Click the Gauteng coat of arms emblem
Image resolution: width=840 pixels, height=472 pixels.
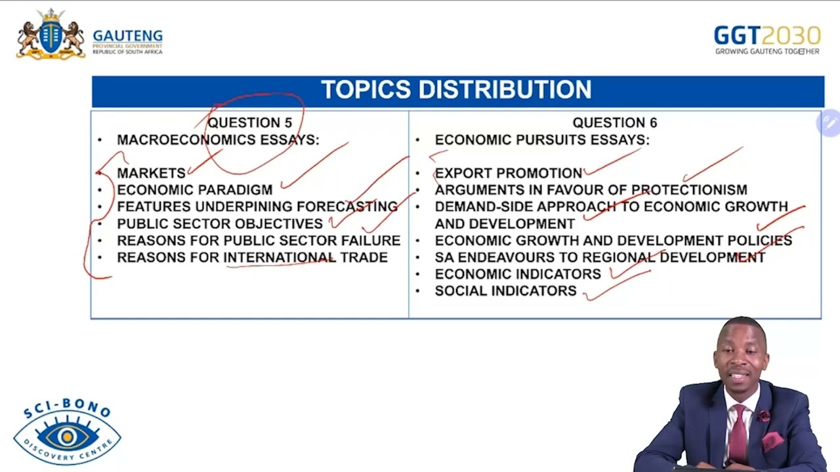tap(51, 35)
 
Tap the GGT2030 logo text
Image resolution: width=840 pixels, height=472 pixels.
tap(766, 35)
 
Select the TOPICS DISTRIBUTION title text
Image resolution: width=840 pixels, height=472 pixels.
tap(456, 90)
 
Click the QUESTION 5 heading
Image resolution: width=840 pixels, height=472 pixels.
tap(249, 123)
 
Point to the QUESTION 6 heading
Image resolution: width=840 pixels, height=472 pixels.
tap(614, 123)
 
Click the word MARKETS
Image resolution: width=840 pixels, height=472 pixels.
tap(151, 173)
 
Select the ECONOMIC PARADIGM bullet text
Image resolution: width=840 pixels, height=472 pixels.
tap(194, 190)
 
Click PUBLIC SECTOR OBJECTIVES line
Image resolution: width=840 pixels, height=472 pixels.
tap(220, 224)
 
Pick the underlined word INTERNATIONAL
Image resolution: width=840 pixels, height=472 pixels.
tap(280, 258)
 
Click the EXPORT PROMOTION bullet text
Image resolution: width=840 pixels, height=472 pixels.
tap(508, 173)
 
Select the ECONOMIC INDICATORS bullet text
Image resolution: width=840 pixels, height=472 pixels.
tap(517, 274)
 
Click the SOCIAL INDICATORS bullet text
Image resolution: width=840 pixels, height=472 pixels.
tap(505, 291)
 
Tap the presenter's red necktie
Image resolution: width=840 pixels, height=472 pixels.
tap(740, 433)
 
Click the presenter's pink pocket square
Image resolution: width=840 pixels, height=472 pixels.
tap(772, 440)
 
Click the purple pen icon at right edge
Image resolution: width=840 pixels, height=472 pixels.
tap(829, 123)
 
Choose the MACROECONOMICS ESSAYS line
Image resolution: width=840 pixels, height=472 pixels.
tap(218, 140)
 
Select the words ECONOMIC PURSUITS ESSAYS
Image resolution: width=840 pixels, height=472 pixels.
tap(541, 140)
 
